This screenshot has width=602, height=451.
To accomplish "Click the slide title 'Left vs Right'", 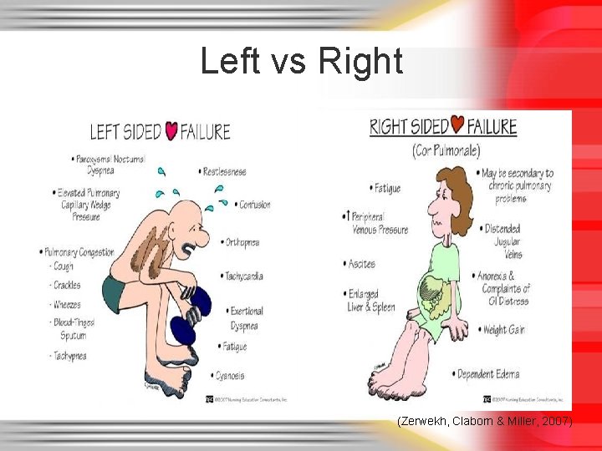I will click(x=301, y=62).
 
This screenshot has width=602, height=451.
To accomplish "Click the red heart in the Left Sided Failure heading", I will click(x=171, y=131).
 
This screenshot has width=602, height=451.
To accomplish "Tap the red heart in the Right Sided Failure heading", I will click(x=457, y=125).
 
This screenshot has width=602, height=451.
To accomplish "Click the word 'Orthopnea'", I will click(x=242, y=242).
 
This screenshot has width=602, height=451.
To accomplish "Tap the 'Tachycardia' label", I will click(x=245, y=276).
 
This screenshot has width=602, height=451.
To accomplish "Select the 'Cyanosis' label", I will click(x=231, y=376).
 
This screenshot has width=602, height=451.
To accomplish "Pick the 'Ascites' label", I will click(x=362, y=264).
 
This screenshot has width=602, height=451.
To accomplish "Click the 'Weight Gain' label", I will click(x=504, y=329).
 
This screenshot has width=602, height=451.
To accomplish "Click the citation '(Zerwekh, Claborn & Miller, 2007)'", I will click(x=485, y=423).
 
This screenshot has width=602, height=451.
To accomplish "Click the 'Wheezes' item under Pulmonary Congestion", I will click(x=66, y=305).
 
